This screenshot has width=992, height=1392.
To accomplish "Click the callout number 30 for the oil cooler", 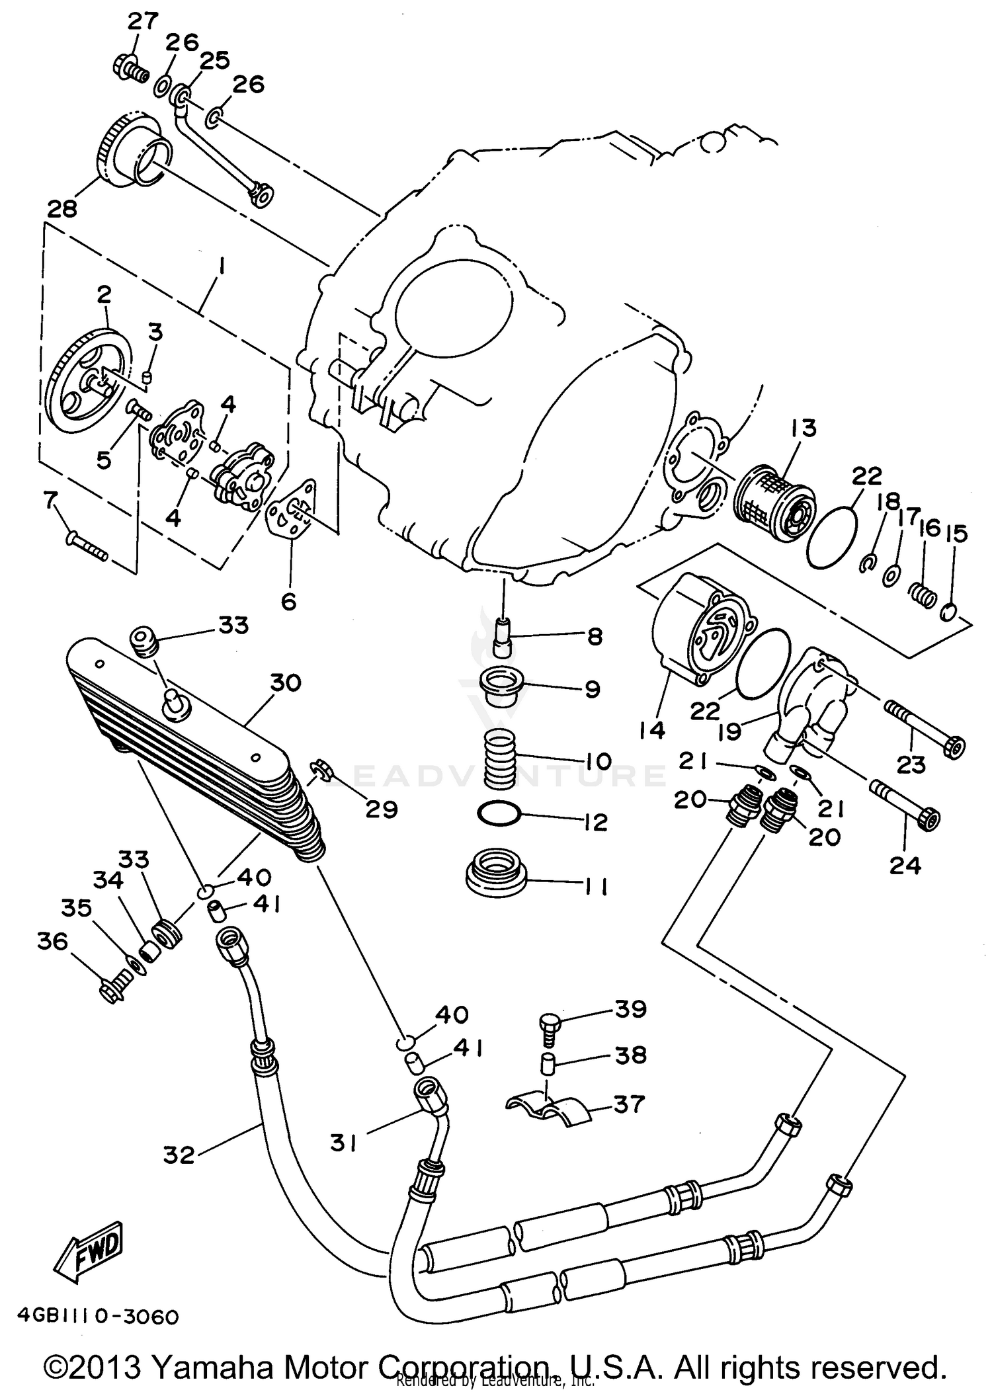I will pos(285,682).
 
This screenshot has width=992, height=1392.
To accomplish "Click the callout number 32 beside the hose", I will pos(179,1155).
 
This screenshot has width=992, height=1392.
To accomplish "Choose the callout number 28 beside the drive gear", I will pos(61,209).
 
